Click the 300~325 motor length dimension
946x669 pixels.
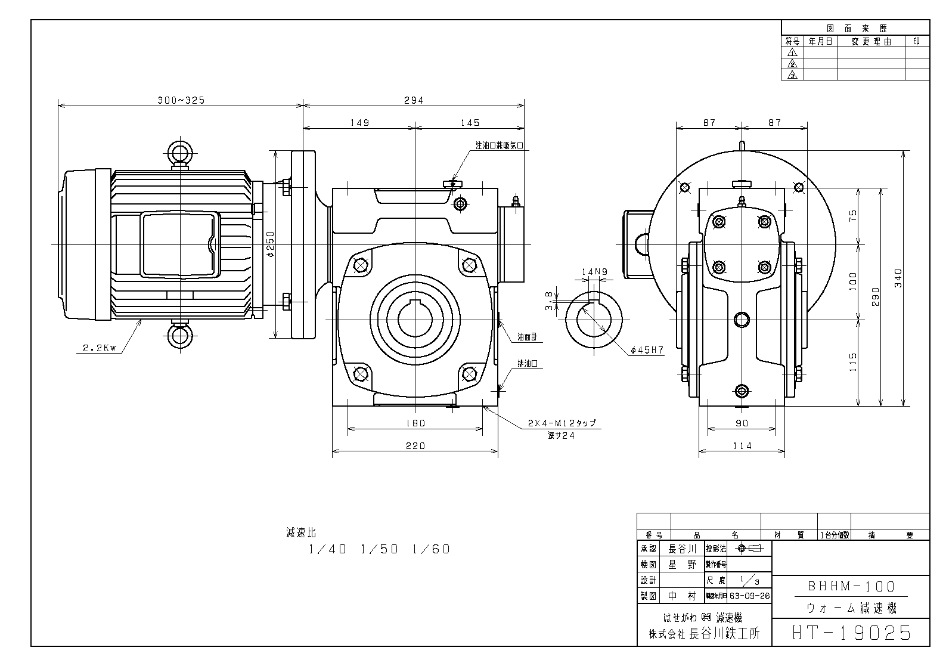[x=181, y=100]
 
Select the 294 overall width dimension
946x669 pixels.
[x=414, y=100]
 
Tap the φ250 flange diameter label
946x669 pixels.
[x=270, y=244]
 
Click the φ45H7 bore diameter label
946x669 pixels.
[x=647, y=351]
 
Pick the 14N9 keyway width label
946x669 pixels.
[x=594, y=272]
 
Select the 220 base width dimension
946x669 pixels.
[x=415, y=445]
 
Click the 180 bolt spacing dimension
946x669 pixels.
[x=415, y=423]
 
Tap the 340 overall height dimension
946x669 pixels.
[x=899, y=277]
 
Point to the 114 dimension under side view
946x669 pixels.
[x=742, y=445]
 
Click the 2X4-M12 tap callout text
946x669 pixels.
[x=562, y=423]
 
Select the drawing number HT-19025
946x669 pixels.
[x=851, y=632]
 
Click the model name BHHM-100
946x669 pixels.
[x=851, y=587]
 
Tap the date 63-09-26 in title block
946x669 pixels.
[x=750, y=595]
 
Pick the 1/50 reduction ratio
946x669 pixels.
[x=379, y=549]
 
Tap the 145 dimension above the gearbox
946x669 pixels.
[x=470, y=123]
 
